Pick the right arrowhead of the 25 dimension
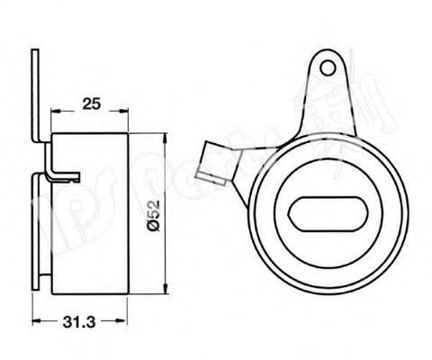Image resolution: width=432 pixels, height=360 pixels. [x=123, y=112]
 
